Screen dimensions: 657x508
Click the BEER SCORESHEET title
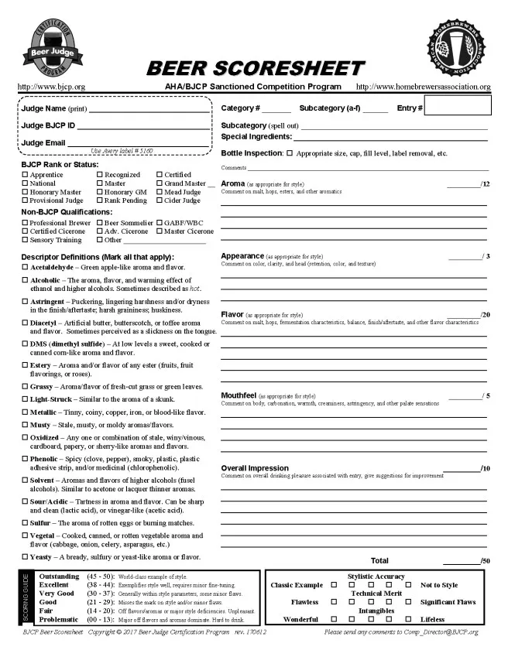click(x=255, y=68)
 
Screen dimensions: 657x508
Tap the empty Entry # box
click(x=457, y=108)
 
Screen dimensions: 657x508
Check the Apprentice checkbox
click(x=25, y=176)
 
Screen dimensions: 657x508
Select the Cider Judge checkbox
click(x=160, y=200)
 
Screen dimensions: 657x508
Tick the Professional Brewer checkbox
click(x=25, y=223)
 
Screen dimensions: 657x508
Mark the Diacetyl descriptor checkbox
click(x=25, y=323)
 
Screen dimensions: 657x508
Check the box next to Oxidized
click(x=25, y=437)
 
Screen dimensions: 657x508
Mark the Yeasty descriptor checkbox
click(x=25, y=557)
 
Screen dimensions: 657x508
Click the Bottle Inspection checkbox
click(x=290, y=153)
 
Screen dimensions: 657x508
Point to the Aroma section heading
click(x=233, y=183)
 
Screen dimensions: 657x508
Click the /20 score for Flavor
click(x=485, y=315)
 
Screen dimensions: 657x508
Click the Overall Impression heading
click(x=254, y=468)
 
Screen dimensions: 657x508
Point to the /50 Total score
click(x=485, y=560)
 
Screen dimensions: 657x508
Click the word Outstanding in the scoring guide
click(x=59, y=577)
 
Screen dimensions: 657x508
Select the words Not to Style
click(x=439, y=585)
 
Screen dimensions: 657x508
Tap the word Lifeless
click(x=432, y=619)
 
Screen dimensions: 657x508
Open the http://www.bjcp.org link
click(x=51, y=87)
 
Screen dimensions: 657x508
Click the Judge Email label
click(x=43, y=142)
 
